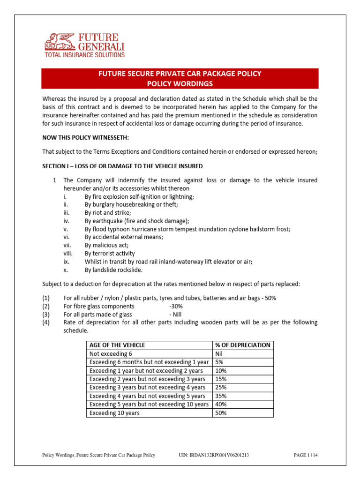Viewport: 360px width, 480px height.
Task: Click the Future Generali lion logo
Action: (57, 41)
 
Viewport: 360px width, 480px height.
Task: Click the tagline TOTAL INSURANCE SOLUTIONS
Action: (84, 55)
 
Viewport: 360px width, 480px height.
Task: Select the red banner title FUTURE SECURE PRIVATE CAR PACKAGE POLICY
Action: (180, 74)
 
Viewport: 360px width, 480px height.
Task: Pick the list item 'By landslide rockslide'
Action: (113, 270)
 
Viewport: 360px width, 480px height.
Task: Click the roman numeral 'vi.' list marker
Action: (66, 237)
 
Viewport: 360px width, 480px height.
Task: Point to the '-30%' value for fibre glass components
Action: (176, 306)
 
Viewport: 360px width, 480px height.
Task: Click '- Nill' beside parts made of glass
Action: (174, 314)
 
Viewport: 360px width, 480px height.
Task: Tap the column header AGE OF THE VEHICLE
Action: (117, 345)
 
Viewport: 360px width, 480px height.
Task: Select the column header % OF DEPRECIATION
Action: (242, 345)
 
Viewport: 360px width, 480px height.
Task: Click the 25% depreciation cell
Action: (221, 387)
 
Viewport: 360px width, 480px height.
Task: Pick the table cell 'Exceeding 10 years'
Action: (114, 413)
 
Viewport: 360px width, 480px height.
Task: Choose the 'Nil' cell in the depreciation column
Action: (219, 353)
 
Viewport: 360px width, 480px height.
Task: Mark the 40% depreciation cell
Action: (221, 404)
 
